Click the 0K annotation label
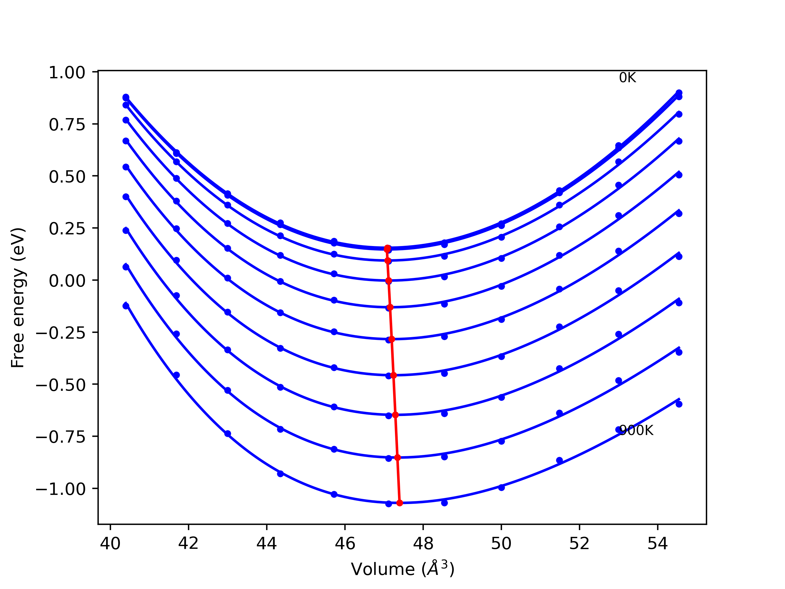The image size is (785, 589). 627,78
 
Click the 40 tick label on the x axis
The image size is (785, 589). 110,544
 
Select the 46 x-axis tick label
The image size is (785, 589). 345,544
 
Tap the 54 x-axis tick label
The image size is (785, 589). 658,544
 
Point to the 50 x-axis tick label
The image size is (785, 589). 501,544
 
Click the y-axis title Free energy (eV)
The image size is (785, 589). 18,298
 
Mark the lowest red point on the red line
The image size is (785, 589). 400,503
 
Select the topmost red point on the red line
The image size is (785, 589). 387,249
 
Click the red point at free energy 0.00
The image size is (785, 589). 389,281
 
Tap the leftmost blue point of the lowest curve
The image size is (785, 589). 126,306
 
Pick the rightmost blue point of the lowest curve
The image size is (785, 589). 679,404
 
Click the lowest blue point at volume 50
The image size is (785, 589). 501,487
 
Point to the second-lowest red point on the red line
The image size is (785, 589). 397,458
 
